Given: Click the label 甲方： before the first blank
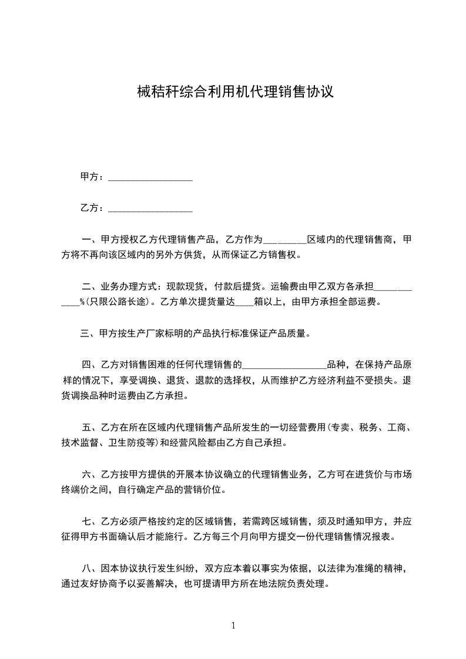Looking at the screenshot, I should (93, 177).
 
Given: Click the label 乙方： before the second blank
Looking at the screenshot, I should (93, 208).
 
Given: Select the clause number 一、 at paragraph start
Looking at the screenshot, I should (90, 240).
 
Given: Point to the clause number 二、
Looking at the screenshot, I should (90, 287).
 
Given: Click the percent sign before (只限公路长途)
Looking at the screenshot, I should (83, 303).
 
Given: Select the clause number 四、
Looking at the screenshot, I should (90, 365).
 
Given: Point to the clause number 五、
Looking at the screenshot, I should (90, 427).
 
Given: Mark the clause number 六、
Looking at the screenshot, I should (90, 474).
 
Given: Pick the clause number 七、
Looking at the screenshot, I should (90, 521).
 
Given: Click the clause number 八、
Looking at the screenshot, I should (90, 569).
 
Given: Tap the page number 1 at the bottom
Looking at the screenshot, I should (233, 626).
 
